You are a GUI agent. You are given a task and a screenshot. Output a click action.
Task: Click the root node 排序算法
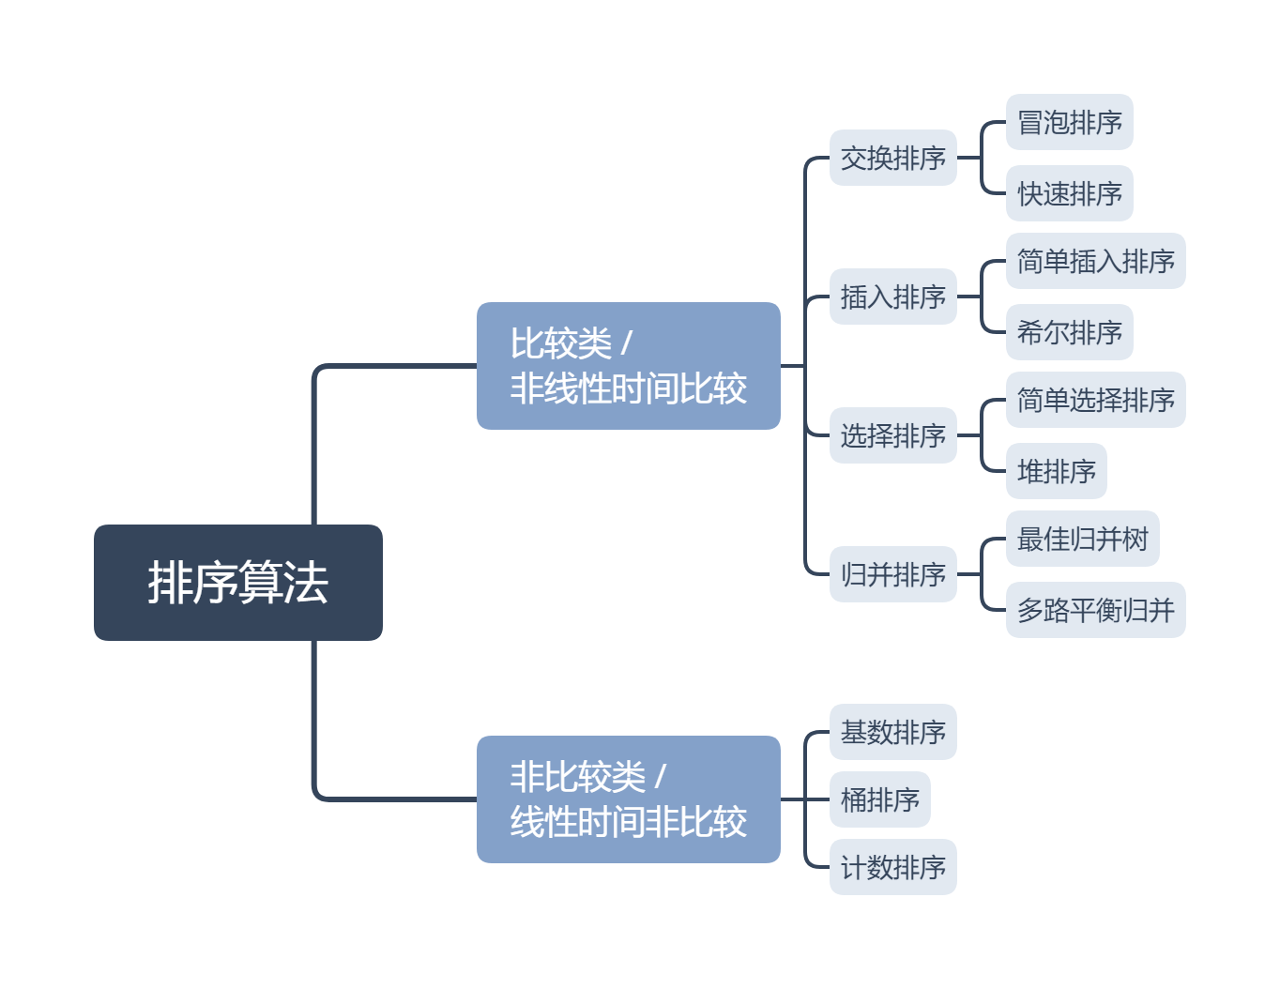pos(237,583)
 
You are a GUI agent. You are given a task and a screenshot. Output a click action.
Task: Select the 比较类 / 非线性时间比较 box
pos(628,366)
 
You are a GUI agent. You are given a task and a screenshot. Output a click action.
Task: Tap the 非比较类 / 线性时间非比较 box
pos(628,799)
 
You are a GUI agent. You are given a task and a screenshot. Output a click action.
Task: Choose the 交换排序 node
pos(892,158)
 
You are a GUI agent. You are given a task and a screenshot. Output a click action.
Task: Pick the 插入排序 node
pos(892,297)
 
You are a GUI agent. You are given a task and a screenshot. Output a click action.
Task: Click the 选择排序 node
pos(892,435)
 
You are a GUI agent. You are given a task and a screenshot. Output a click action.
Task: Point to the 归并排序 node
pos(892,574)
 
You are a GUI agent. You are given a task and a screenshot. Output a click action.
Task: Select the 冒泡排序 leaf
pos(1069,122)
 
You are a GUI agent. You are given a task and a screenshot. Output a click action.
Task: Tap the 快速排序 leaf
pos(1069,193)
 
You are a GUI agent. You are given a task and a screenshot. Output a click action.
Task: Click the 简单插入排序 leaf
pos(1095,261)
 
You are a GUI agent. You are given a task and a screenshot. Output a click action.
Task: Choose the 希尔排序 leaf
pos(1069,332)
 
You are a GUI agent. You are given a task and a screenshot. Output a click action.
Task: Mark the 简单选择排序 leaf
pos(1095,400)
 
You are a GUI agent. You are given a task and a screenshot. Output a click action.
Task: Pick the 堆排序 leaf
pos(1056,471)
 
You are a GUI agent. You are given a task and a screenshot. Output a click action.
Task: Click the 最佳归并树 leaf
pos(1082,539)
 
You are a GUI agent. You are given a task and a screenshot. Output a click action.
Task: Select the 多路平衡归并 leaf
pos(1095,610)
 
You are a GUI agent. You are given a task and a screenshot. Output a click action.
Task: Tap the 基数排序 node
pos(892,732)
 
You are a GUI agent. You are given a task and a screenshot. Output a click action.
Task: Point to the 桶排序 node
pos(879,799)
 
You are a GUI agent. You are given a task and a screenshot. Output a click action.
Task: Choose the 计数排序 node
pos(892,867)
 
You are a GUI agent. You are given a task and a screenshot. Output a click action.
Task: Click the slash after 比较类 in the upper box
pos(627,344)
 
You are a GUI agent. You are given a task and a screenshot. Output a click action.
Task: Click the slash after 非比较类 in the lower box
pos(661,778)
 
